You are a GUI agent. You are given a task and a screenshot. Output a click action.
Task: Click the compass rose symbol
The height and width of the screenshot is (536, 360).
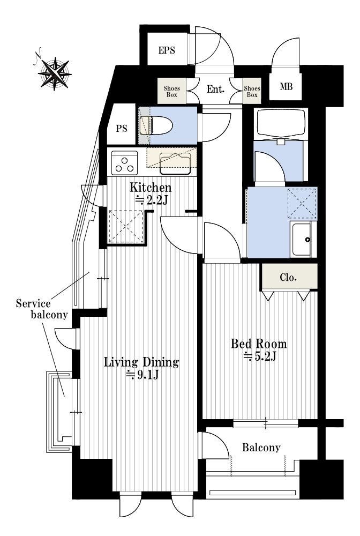(54, 72)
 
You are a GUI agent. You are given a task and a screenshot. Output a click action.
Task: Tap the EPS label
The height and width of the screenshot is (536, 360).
(167, 50)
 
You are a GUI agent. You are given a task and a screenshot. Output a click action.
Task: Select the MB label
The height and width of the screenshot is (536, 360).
(286, 86)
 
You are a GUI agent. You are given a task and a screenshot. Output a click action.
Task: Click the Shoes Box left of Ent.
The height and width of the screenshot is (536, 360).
(172, 91)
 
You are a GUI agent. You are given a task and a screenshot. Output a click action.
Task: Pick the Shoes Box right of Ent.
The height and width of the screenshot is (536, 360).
(252, 91)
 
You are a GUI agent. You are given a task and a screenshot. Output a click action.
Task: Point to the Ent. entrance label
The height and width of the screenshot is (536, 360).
(215, 90)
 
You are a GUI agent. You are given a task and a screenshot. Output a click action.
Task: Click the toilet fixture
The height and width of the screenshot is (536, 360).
(156, 125)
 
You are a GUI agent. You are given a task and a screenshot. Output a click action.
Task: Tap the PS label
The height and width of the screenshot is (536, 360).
(122, 129)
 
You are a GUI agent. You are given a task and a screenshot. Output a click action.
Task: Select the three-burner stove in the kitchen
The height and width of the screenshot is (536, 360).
(124, 163)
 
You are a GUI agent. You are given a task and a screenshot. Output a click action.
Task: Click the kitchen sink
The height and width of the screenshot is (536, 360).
(175, 163)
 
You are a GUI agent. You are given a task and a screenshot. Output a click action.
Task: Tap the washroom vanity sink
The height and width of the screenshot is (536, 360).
(303, 239)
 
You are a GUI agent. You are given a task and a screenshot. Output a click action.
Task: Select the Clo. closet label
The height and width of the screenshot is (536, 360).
(288, 277)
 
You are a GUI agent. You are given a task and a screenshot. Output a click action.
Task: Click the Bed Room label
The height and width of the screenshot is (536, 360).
(259, 343)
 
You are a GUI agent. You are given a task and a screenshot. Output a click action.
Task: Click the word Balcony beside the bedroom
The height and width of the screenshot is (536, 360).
(261, 447)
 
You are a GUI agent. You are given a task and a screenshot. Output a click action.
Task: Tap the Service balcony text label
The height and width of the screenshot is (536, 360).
(42, 309)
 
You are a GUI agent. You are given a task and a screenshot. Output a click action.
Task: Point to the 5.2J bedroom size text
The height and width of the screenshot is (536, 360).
(260, 356)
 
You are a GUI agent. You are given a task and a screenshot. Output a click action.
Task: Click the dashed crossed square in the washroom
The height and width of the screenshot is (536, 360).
(302, 203)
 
